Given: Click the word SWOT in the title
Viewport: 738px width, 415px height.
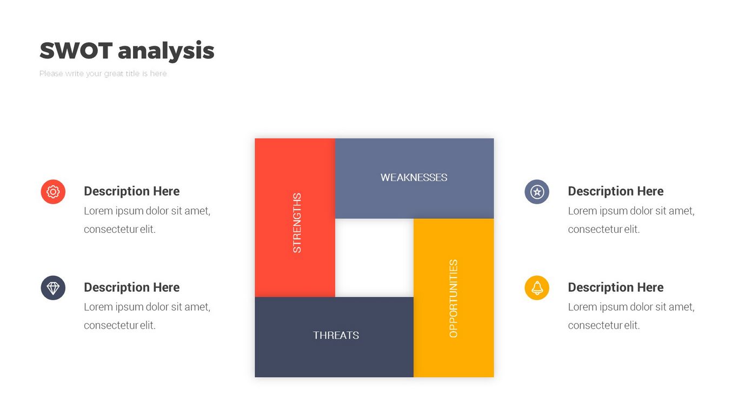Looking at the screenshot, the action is pyautogui.click(x=76, y=50).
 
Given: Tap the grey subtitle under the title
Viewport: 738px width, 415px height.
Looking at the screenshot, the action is pyautogui.click(x=103, y=73).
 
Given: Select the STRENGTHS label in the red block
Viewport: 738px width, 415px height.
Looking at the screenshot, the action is pyautogui.click(x=297, y=223).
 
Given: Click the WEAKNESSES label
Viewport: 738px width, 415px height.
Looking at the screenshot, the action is pyautogui.click(x=414, y=178).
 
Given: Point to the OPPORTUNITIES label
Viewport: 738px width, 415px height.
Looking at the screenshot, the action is pyautogui.click(x=453, y=299).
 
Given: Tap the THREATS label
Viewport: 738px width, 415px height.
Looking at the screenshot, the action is pyautogui.click(x=336, y=335).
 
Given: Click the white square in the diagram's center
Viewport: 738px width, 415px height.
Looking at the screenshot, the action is pyautogui.click(x=374, y=258).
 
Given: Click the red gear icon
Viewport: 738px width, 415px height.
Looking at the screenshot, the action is pyautogui.click(x=53, y=192).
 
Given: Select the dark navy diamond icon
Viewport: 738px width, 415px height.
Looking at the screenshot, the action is pyautogui.click(x=53, y=288).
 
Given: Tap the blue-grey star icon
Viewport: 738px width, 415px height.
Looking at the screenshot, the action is pyautogui.click(x=537, y=192).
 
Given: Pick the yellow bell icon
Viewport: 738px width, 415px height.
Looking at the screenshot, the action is pyautogui.click(x=537, y=288).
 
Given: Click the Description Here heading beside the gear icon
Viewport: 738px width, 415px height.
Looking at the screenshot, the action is pyautogui.click(x=132, y=191).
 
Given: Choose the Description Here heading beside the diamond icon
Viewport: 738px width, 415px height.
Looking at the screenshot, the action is pyautogui.click(x=132, y=287).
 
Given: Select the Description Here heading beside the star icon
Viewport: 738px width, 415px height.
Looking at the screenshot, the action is pyautogui.click(x=616, y=191).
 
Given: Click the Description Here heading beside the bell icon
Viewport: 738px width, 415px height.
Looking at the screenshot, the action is pyautogui.click(x=616, y=287).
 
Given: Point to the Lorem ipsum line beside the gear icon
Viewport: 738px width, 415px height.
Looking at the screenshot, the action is pyautogui.click(x=147, y=211).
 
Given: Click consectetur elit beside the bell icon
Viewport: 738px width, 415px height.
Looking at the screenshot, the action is pyautogui.click(x=604, y=325).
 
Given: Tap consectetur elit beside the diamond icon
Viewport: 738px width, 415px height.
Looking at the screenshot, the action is pyautogui.click(x=120, y=325).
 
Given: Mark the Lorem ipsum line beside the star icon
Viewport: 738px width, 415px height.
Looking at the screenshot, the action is pyautogui.click(x=631, y=211).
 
